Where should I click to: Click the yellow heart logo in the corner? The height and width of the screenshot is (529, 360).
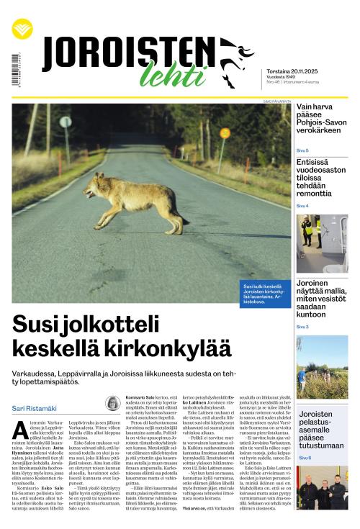22,30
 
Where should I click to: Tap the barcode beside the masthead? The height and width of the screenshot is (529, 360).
15,70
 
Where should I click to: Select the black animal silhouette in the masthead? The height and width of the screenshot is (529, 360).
235,60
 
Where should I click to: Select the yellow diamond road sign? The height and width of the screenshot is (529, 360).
225,133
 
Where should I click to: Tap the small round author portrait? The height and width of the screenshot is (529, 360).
113,403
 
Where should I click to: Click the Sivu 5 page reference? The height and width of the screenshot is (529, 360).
303,150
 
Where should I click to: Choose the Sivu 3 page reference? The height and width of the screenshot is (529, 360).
303,327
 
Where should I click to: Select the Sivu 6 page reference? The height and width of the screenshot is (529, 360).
305,458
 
